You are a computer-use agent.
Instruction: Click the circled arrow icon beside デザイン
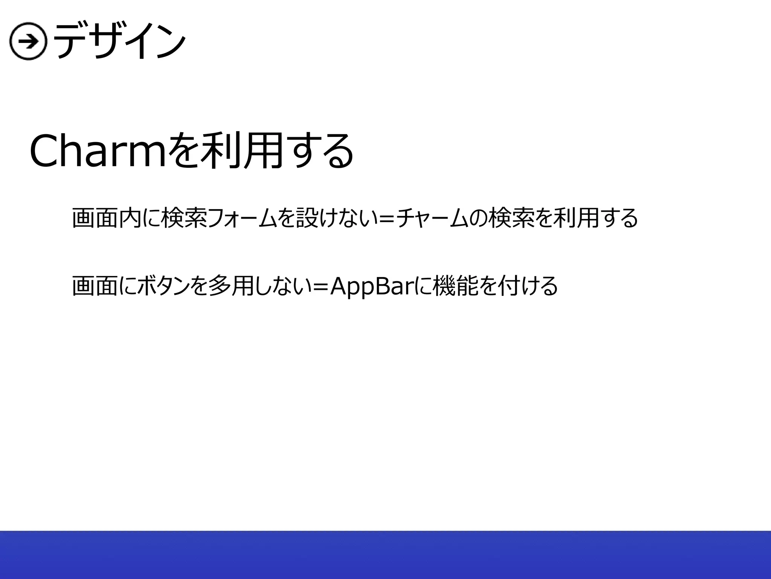pos(28,43)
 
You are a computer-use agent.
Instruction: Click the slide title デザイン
pos(120,41)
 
